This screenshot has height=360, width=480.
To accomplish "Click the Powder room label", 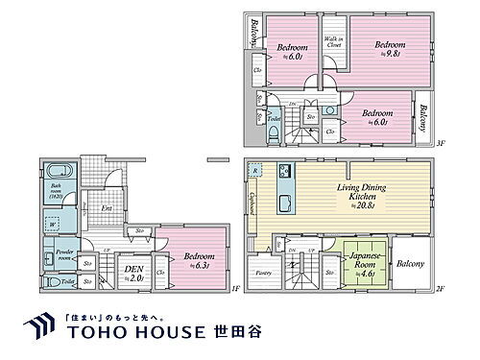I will (x=64, y=255).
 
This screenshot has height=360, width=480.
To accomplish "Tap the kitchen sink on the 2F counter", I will (x=284, y=204).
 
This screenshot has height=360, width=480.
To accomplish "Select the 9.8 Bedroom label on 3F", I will (x=390, y=49).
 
